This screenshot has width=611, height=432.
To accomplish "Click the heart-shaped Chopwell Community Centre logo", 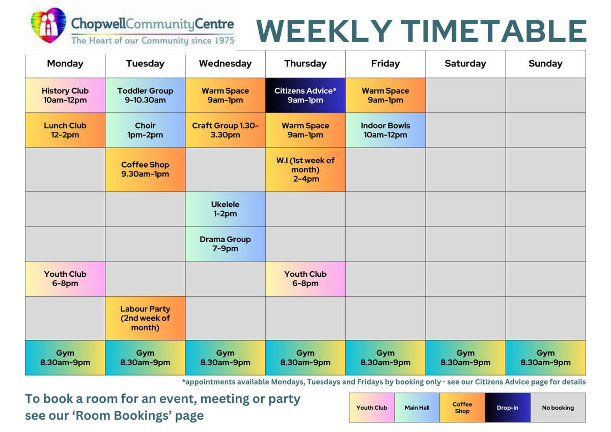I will (x=48, y=25).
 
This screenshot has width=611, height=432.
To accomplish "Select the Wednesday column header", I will (x=225, y=64).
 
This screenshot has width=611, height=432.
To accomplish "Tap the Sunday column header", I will (x=545, y=64).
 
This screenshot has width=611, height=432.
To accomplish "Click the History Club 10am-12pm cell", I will (x=65, y=95).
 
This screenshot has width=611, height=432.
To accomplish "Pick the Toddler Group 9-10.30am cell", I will (x=145, y=95).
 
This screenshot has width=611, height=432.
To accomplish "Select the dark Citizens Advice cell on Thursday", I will (x=305, y=95).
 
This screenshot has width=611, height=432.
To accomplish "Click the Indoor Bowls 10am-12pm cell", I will (x=385, y=130).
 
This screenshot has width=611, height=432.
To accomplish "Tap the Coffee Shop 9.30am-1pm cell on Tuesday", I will (x=145, y=169).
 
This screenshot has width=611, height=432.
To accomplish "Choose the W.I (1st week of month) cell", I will (x=305, y=169).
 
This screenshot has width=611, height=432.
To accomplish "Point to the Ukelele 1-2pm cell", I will (x=225, y=209).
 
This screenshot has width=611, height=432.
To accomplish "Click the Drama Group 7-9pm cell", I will (x=225, y=244).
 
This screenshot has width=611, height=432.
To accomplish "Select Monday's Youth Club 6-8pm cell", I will (x=65, y=278).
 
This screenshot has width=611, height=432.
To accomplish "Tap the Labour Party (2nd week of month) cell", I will (x=145, y=318).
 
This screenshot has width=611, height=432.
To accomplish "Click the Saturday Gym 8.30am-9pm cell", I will (x=465, y=358).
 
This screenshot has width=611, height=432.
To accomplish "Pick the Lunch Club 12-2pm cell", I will (x=65, y=130).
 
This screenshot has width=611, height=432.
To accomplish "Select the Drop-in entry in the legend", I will (x=507, y=408).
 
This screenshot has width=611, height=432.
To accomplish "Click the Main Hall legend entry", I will (x=417, y=408).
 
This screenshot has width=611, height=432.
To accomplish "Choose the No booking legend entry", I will (x=558, y=408).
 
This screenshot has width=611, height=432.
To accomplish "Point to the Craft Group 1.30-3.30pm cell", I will (x=225, y=130).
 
